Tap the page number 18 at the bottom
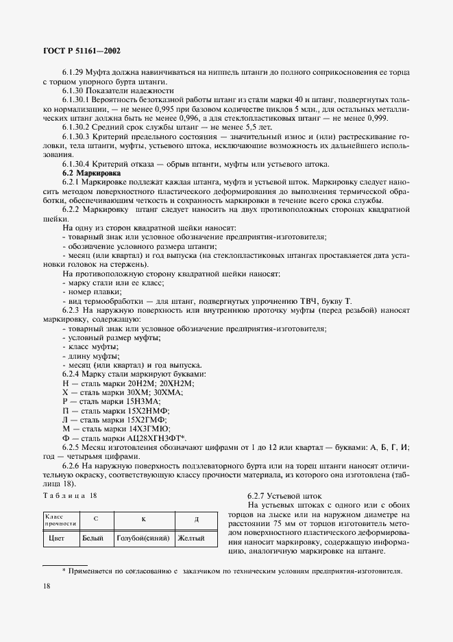click(x=47, y=586)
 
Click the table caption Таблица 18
click(x=70, y=495)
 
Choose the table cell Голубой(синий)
click(x=144, y=538)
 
